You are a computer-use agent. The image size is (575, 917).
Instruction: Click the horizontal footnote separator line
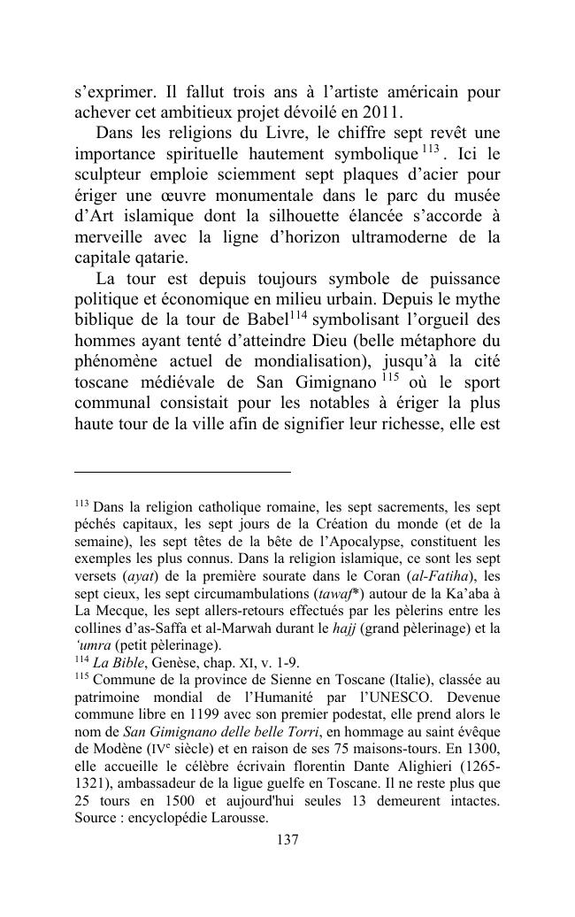coord(182,473)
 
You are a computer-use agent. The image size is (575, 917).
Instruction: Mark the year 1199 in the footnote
coord(210,713)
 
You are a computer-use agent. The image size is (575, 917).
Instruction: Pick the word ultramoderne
coord(420,238)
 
